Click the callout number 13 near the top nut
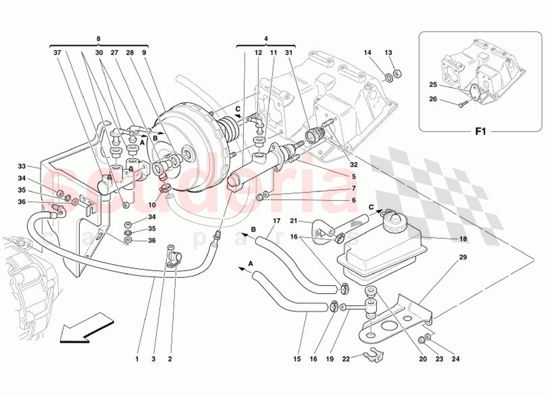388,52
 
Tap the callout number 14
367,52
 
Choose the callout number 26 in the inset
433,99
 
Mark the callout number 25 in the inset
433,85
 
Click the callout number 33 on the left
21,166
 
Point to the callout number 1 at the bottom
137,359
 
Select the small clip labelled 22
371,355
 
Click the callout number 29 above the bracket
463,257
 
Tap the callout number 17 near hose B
276,220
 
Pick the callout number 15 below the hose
296,359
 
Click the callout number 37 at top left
57,52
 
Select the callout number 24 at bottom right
455,359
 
